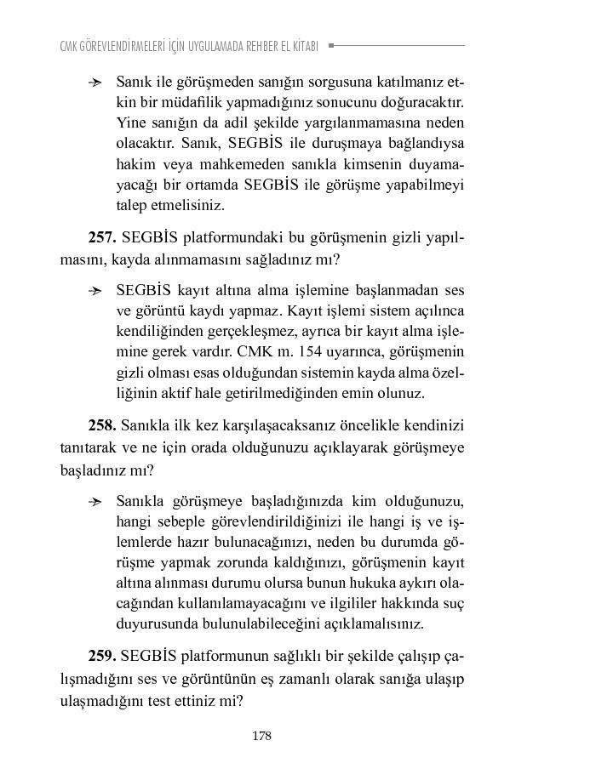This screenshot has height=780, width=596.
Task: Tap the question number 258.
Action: tap(102, 424)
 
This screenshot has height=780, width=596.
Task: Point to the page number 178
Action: tap(262, 736)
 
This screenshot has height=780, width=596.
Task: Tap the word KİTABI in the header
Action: tap(302, 46)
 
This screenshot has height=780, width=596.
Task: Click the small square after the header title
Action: tap(331, 45)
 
